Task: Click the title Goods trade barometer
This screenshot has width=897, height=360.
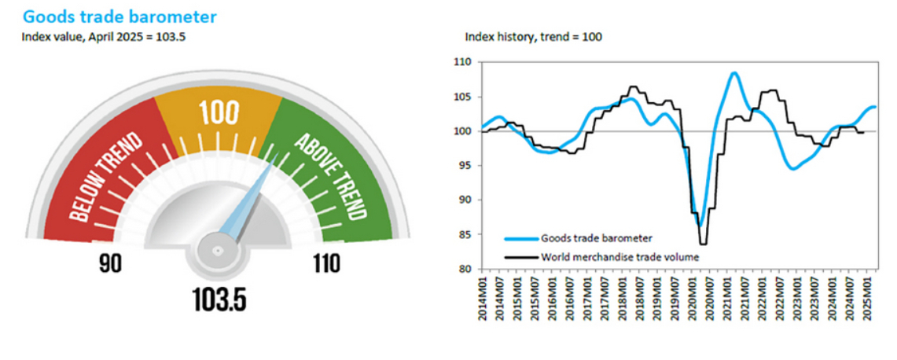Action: coord(119,16)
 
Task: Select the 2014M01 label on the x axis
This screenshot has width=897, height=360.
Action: coord(483,296)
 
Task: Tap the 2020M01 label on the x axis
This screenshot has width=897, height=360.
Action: coord(693,296)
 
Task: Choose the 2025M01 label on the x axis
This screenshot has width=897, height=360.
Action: coord(867,296)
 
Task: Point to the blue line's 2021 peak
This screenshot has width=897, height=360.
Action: coord(733,73)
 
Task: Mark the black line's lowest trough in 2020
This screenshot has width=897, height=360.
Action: coord(703,244)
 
